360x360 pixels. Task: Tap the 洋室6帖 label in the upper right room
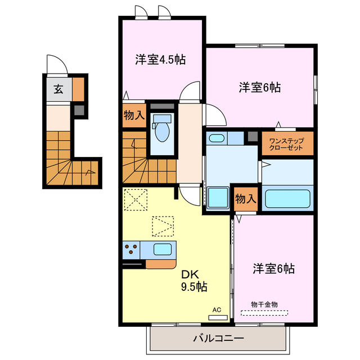259,87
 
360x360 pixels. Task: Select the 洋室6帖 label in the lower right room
273,268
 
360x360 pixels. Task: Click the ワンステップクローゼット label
286,143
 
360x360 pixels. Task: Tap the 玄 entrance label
58,89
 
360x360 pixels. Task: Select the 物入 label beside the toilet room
134,116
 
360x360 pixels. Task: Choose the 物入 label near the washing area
246,199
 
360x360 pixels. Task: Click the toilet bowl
163,130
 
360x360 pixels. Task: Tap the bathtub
287,199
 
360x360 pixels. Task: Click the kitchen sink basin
163,249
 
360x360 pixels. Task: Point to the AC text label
217,310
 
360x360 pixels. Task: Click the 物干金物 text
264,304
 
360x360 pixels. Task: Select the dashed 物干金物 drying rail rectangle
264,312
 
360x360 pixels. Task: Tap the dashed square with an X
136,199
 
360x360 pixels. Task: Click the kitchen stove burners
133,249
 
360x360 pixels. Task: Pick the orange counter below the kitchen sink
161,263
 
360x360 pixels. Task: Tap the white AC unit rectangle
218,317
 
